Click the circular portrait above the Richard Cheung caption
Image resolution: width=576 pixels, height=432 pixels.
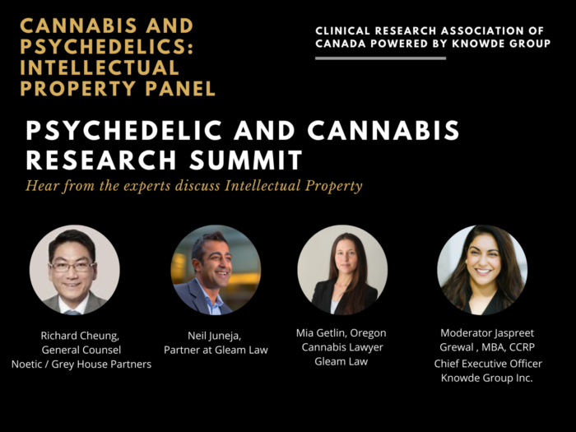[75, 270]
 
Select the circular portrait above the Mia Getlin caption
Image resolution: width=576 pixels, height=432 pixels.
[342, 270]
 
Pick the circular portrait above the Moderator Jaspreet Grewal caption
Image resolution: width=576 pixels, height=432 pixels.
[482, 270]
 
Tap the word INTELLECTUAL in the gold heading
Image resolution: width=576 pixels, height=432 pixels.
[99, 67]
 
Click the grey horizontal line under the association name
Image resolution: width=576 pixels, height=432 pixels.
[380, 58]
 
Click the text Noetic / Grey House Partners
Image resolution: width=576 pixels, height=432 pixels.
[81, 364]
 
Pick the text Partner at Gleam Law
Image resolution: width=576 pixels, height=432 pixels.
[216, 350]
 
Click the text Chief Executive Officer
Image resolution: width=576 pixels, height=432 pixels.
[489, 364]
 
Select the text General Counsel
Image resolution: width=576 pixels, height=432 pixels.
[81, 350]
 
